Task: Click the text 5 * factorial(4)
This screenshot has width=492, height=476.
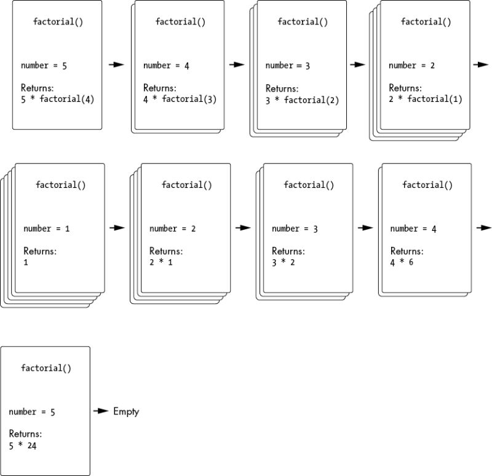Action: click(58, 98)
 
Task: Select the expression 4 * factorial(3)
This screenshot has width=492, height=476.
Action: click(180, 98)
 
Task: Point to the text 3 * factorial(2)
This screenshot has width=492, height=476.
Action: click(302, 100)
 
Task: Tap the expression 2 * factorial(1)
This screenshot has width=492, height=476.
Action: click(426, 99)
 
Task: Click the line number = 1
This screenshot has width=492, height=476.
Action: click(47, 228)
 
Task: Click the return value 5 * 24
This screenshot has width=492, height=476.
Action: click(23, 446)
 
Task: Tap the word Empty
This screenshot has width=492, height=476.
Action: click(126, 412)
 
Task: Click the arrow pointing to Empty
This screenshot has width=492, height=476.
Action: click(101, 411)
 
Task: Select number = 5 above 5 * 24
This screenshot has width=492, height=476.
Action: click(32, 412)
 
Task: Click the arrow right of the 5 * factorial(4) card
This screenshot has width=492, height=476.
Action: click(116, 64)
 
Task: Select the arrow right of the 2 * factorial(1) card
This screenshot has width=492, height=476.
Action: click(482, 64)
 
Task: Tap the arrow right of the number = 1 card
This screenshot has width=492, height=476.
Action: click(117, 227)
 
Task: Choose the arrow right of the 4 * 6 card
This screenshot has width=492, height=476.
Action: click(483, 227)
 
